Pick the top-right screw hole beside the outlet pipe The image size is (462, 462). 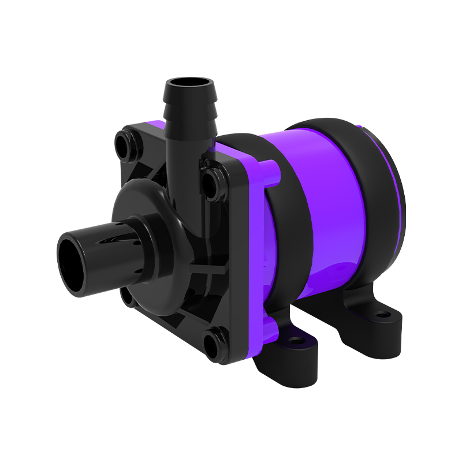[209, 182]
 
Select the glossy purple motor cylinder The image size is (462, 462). [335, 219]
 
